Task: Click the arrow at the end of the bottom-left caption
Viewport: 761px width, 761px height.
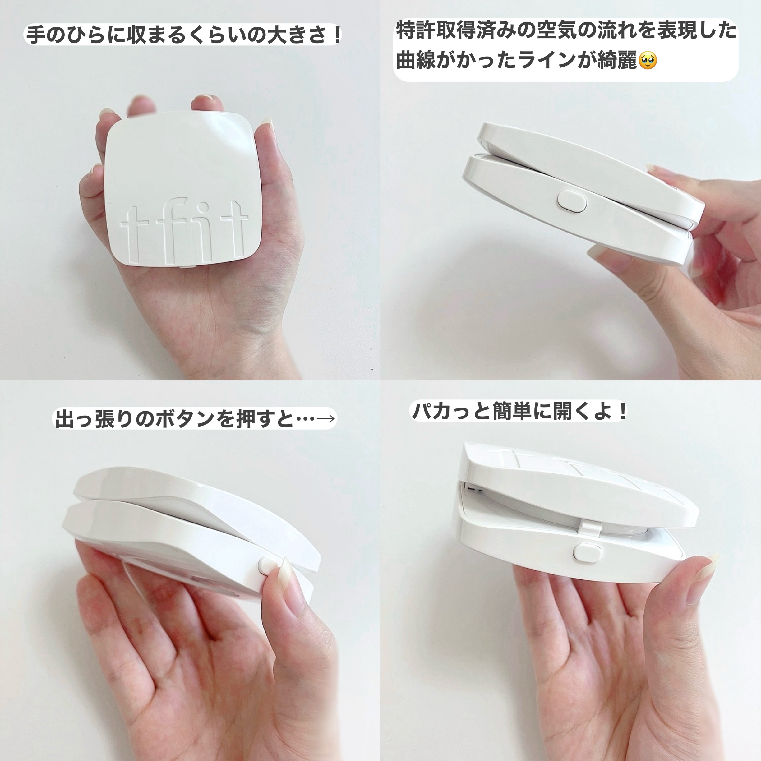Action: (326, 418)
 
